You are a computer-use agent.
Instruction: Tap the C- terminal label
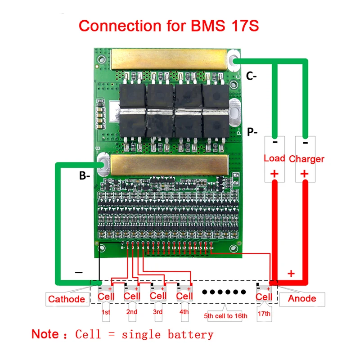click(252, 76)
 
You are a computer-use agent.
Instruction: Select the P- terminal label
click(252, 131)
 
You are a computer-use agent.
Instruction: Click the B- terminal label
click(85, 176)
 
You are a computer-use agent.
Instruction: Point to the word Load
click(274, 158)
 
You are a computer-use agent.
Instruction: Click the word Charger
click(306, 159)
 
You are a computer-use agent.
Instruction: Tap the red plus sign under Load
click(274, 173)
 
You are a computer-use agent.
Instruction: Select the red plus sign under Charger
click(305, 173)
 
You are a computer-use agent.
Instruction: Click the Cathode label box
click(67, 299)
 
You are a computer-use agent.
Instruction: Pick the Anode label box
click(302, 298)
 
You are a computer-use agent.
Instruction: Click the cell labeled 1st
click(106, 296)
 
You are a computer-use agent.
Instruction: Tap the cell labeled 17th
click(264, 296)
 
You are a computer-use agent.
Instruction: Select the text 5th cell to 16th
click(226, 316)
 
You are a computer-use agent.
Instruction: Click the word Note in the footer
click(45, 334)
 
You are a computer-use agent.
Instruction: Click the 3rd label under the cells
click(157, 312)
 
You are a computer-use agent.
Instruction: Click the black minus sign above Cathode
click(79, 273)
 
